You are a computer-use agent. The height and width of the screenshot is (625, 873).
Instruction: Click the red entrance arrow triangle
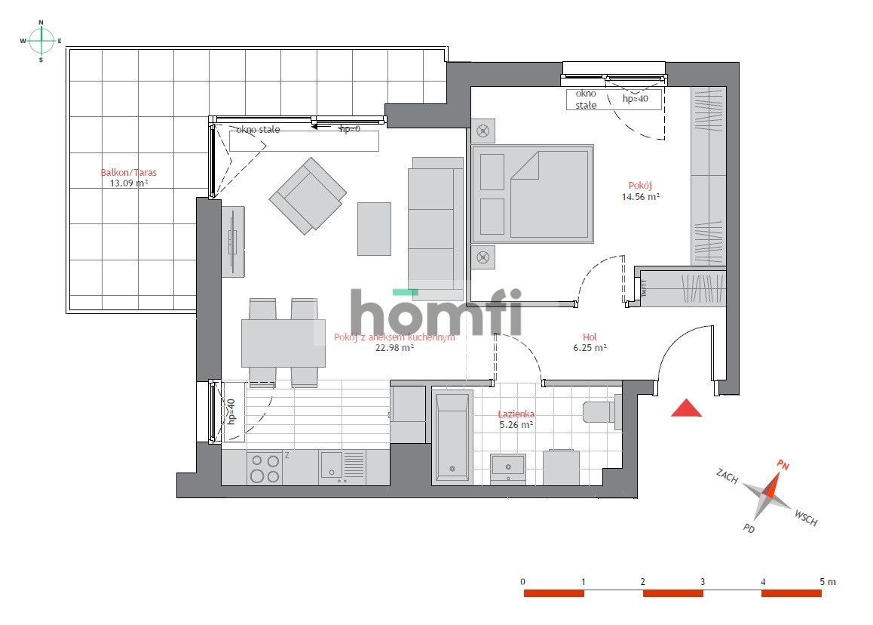coord(686,408)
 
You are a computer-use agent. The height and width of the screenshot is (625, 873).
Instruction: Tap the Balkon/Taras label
coord(129,172)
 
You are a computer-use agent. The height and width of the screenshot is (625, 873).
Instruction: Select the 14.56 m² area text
coord(640,197)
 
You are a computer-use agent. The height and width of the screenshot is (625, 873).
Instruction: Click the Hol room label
coord(590,337)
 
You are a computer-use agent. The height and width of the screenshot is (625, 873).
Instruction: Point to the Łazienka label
coord(516,414)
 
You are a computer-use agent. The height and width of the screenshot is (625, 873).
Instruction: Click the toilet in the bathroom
coord(601,411)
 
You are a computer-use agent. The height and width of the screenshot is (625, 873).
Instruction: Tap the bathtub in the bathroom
coord(452,436)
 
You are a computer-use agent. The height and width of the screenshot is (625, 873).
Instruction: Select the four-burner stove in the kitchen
coord(265,468)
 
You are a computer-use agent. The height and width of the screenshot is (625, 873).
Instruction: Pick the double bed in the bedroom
coord(532,194)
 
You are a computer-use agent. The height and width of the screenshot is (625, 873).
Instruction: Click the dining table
coord(283,343)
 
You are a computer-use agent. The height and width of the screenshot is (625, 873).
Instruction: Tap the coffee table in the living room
coord(374,229)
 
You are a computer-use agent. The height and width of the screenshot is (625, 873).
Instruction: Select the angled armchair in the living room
coord(308,195)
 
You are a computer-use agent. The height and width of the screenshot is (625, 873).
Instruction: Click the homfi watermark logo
coord(436,312)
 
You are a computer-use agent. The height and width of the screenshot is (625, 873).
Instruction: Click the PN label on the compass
coord(783,466)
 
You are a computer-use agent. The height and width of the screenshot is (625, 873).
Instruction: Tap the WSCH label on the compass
coord(805,519)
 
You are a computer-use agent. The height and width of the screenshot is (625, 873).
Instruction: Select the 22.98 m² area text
coord(394,348)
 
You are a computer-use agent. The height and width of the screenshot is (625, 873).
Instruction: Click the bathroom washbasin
coord(509,466)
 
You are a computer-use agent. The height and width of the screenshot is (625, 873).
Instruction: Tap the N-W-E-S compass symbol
coord(41,41)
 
